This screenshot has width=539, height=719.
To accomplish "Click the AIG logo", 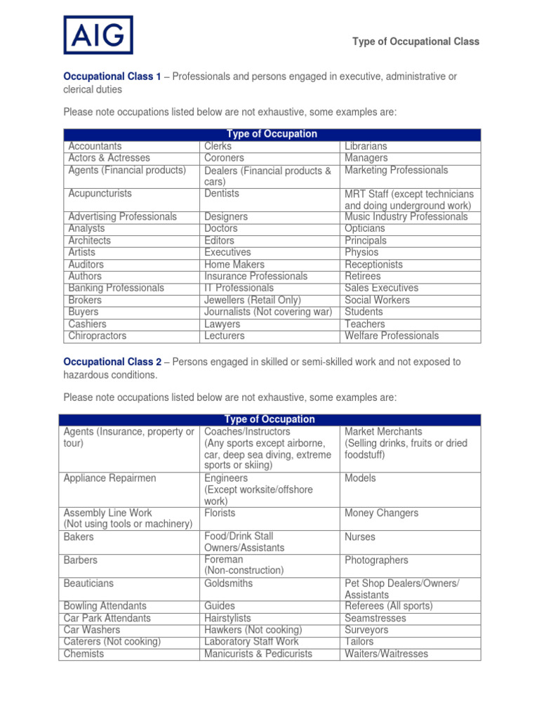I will pos(98,35).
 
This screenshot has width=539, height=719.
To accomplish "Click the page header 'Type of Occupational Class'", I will pos(415,41).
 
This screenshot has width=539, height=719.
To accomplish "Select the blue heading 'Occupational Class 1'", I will pos(112,77).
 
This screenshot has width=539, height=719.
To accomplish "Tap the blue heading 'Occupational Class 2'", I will pos(112,362).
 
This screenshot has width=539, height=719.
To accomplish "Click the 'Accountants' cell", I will pos(95,146).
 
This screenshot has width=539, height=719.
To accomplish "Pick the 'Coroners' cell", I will pos(224,158).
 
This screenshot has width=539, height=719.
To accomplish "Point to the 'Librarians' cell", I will pos(366,146).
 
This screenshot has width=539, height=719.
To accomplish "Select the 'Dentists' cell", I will pos(222,194).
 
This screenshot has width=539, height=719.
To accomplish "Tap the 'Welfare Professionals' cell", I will pos(392,336).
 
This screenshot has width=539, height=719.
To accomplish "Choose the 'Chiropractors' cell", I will pos(98,336).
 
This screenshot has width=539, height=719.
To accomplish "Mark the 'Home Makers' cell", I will pos(234,265).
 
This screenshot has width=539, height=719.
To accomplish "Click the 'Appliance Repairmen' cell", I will pos(110,478).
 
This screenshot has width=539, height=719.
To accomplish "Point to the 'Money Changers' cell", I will pos(381,513).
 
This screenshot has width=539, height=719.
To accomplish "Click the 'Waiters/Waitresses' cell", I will pos(386,654).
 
